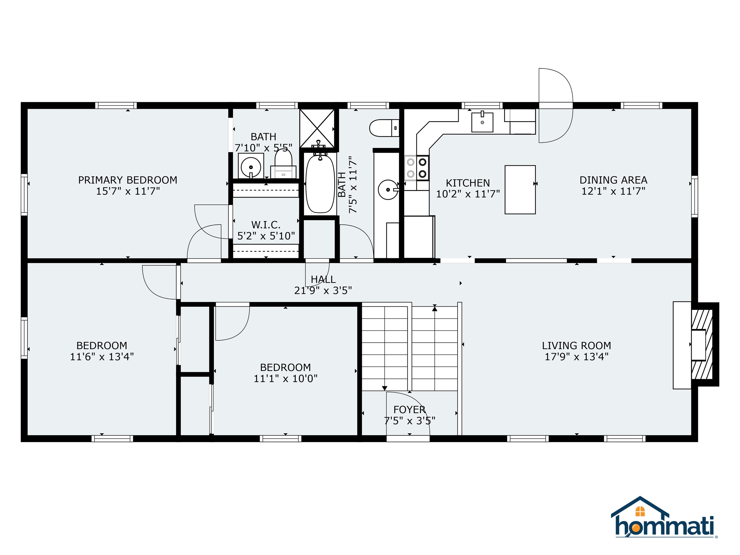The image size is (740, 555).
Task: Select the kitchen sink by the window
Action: (482, 122)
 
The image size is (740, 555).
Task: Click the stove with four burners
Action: (416, 168)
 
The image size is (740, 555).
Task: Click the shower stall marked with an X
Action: (317, 128)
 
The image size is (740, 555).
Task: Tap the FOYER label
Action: (409, 410)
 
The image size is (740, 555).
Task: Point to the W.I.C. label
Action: (266, 225)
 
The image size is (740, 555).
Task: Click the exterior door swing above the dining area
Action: (555, 105)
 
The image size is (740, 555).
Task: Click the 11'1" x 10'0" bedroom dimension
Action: (285, 379)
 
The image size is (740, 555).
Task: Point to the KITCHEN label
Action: (468, 183)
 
